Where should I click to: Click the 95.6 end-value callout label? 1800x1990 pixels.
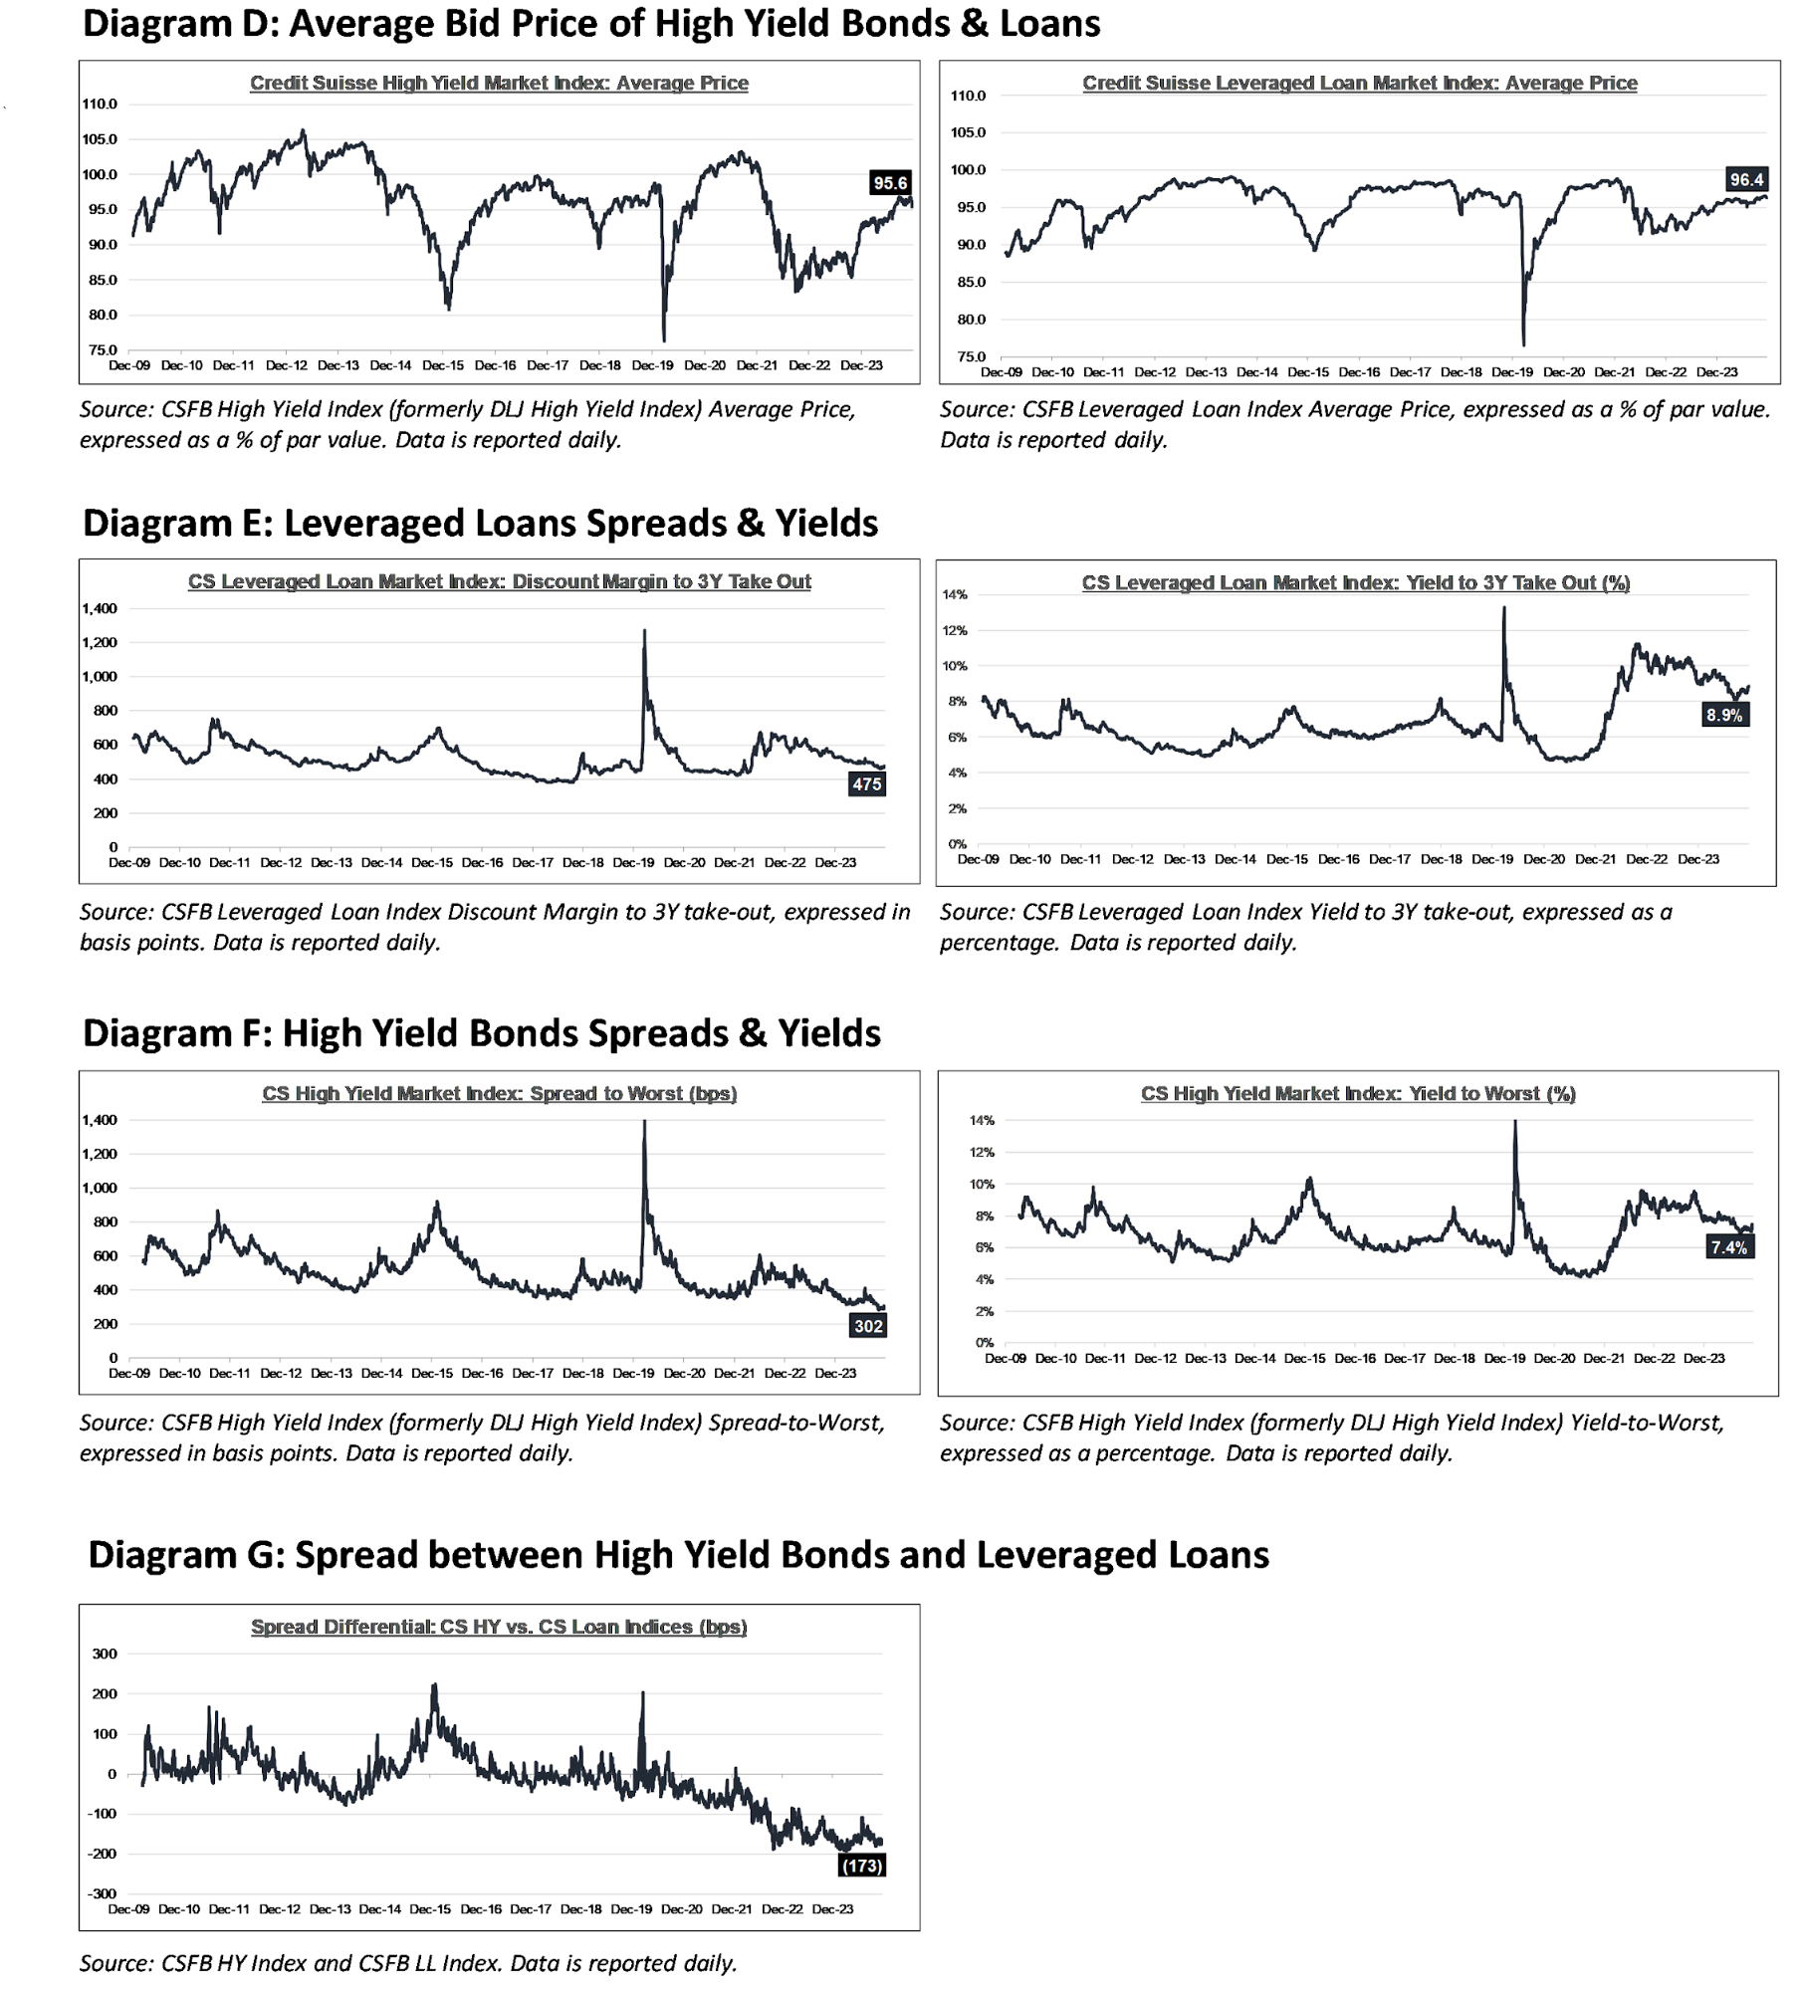(890, 183)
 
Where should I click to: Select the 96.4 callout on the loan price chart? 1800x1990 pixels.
(1746, 180)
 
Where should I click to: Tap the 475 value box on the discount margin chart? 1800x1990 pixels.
(866, 784)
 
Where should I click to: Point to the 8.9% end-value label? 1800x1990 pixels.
(1724, 715)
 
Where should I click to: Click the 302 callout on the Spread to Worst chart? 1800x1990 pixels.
(868, 1326)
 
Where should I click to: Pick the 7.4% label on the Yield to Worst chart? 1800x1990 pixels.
(1729, 1247)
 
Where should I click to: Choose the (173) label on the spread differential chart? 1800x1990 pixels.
(861, 1866)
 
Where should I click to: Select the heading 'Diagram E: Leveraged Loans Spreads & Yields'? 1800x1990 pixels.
(481, 524)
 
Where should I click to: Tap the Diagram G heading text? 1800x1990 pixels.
(679, 1555)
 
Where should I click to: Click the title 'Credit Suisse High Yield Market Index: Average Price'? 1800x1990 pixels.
(499, 84)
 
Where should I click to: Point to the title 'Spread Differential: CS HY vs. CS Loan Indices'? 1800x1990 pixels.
(499, 1627)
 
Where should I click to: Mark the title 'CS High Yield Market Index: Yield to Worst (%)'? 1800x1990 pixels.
(1358, 1094)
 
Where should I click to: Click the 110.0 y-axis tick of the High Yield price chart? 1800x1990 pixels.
(100, 105)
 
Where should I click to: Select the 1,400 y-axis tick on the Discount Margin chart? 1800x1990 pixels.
(100, 608)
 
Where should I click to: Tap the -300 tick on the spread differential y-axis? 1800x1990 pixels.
(104, 1893)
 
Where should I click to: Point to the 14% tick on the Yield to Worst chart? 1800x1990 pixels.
(983, 1121)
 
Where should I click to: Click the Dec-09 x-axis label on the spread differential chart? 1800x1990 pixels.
(128, 1909)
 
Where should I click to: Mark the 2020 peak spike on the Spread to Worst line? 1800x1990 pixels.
(644, 1122)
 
